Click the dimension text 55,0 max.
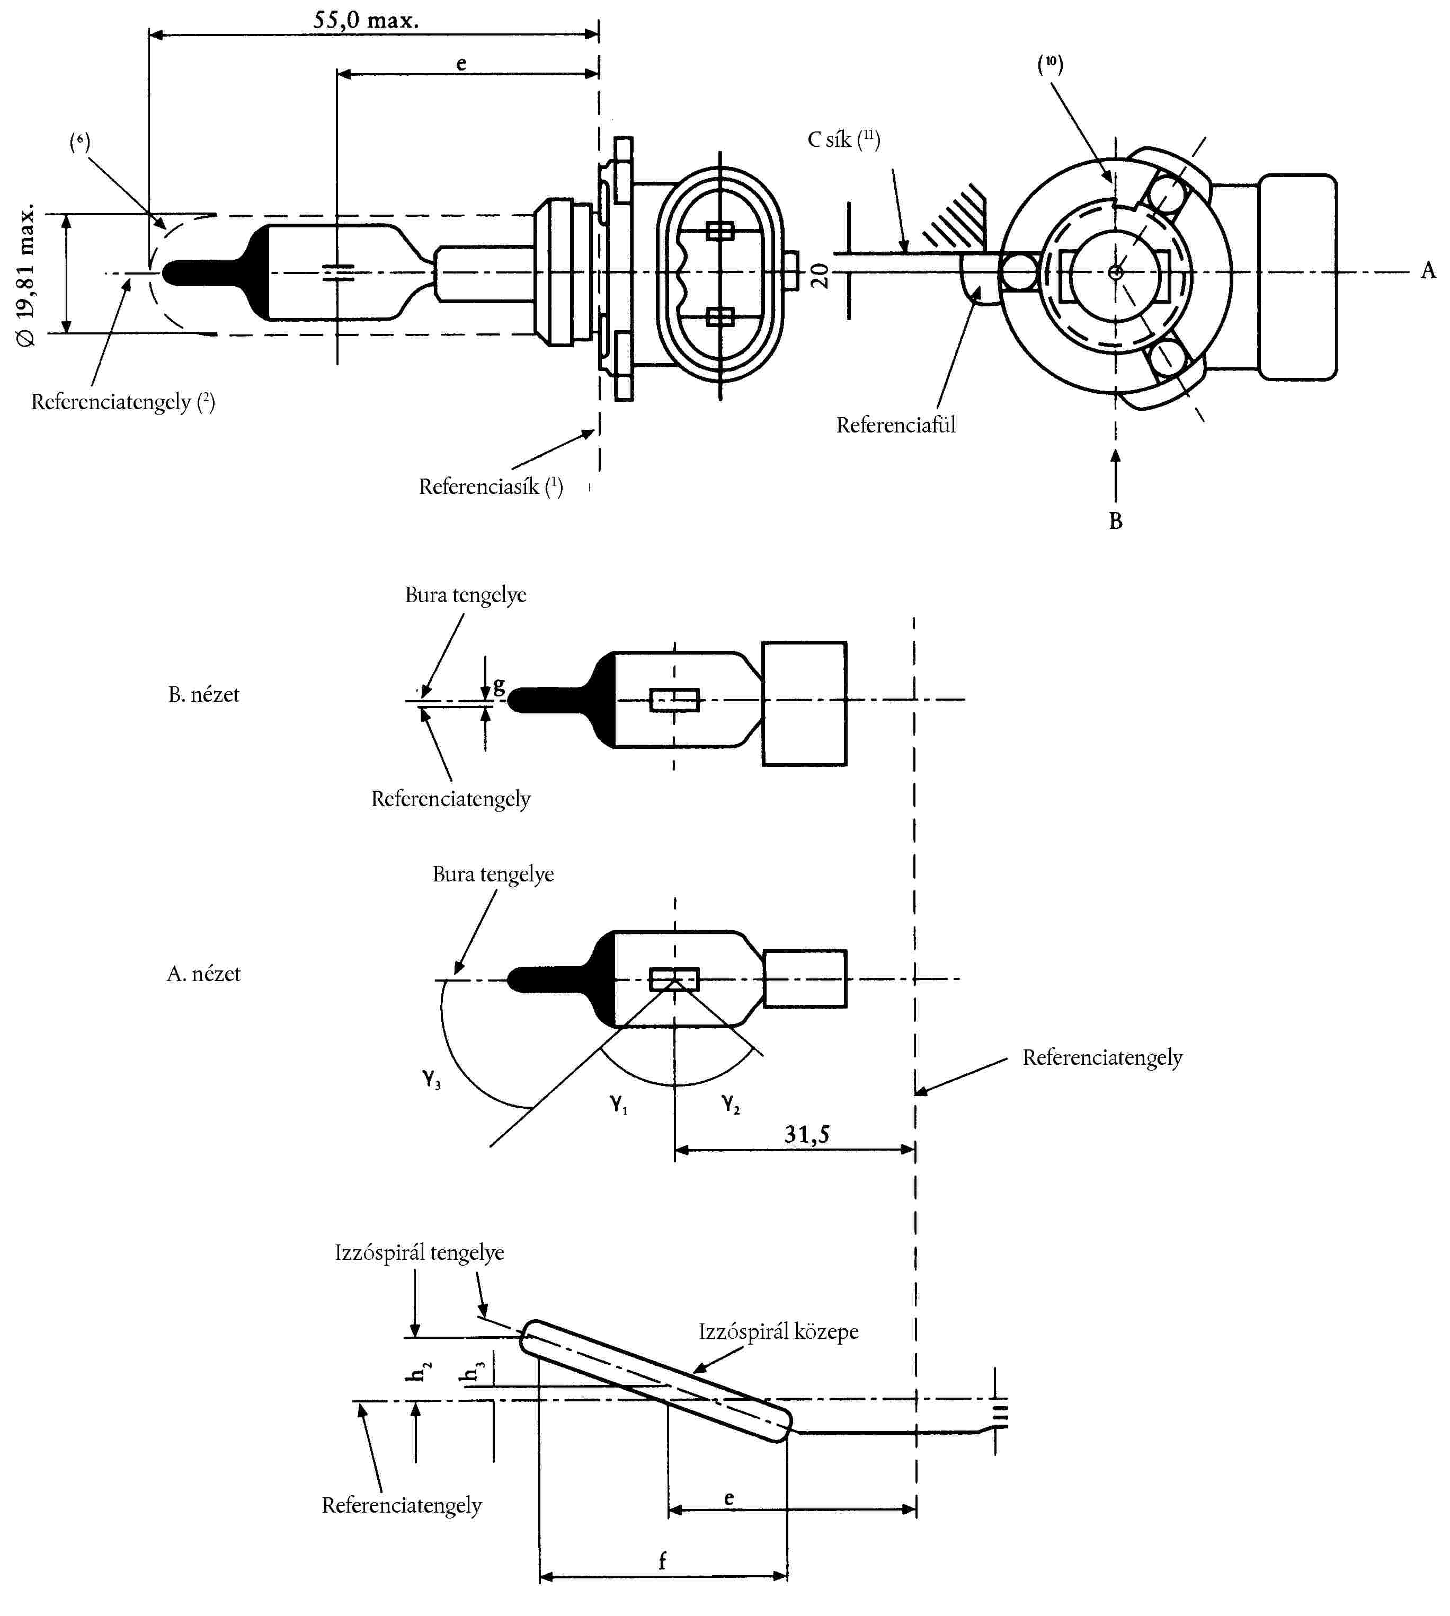pyautogui.click(x=366, y=20)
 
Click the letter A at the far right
pyautogui.click(x=1428, y=271)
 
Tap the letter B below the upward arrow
pyautogui.click(x=1115, y=521)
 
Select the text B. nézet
pyautogui.click(x=203, y=695)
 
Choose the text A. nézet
pyautogui.click(x=203, y=974)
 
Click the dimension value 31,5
pyautogui.click(x=806, y=1134)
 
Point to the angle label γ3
pyautogui.click(x=431, y=1079)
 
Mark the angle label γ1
pyautogui.click(x=619, y=1103)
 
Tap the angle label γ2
pyautogui.click(x=731, y=1103)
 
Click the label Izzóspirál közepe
pyautogui.click(x=778, y=1331)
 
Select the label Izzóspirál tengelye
pyautogui.click(x=419, y=1252)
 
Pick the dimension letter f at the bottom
pyautogui.click(x=662, y=1560)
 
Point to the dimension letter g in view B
pyautogui.click(x=499, y=685)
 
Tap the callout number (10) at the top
pyautogui.click(x=1050, y=64)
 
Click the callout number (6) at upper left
pyautogui.click(x=79, y=143)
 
